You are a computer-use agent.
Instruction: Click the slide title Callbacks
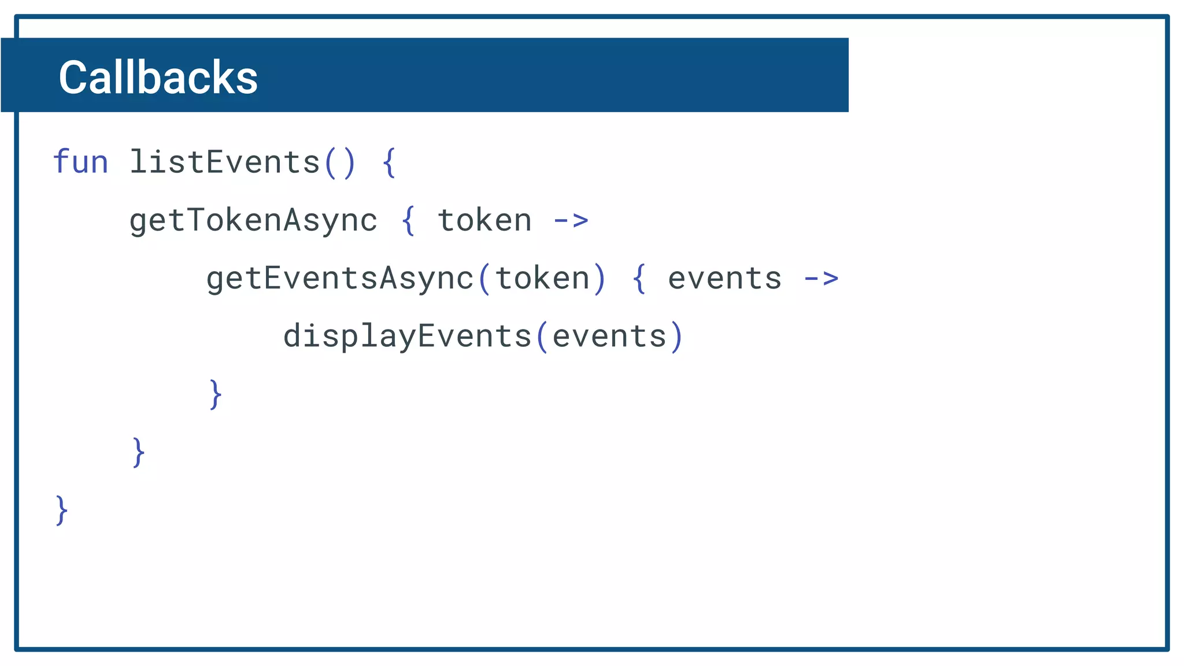pos(158,77)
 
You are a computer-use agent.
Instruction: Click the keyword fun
pos(80,162)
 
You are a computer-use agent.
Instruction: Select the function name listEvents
pos(224,162)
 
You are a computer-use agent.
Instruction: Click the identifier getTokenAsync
pos(253,220)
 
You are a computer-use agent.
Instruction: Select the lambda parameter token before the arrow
pos(484,220)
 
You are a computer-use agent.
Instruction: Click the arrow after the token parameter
pos(571,220)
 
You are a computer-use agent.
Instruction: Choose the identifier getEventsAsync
pos(340,278)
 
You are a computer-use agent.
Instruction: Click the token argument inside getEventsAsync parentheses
pos(542,278)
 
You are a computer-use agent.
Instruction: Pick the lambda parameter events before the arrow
pos(724,278)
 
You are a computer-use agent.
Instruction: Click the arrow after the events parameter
pos(821,279)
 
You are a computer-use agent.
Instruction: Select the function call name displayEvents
pos(407,336)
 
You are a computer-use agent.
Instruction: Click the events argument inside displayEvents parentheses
pos(609,336)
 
